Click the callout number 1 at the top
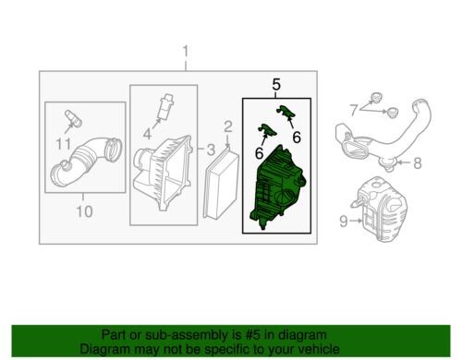(186, 53)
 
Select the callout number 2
(228, 127)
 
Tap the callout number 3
(211, 150)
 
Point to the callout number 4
(147, 134)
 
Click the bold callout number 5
(276, 85)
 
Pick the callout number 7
(354, 110)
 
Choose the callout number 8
(418, 163)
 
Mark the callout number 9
(344, 222)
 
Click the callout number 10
(84, 211)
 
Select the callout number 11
(64, 144)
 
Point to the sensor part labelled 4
(165, 105)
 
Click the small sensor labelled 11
(73, 119)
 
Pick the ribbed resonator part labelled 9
(380, 209)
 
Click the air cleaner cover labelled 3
(163, 174)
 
